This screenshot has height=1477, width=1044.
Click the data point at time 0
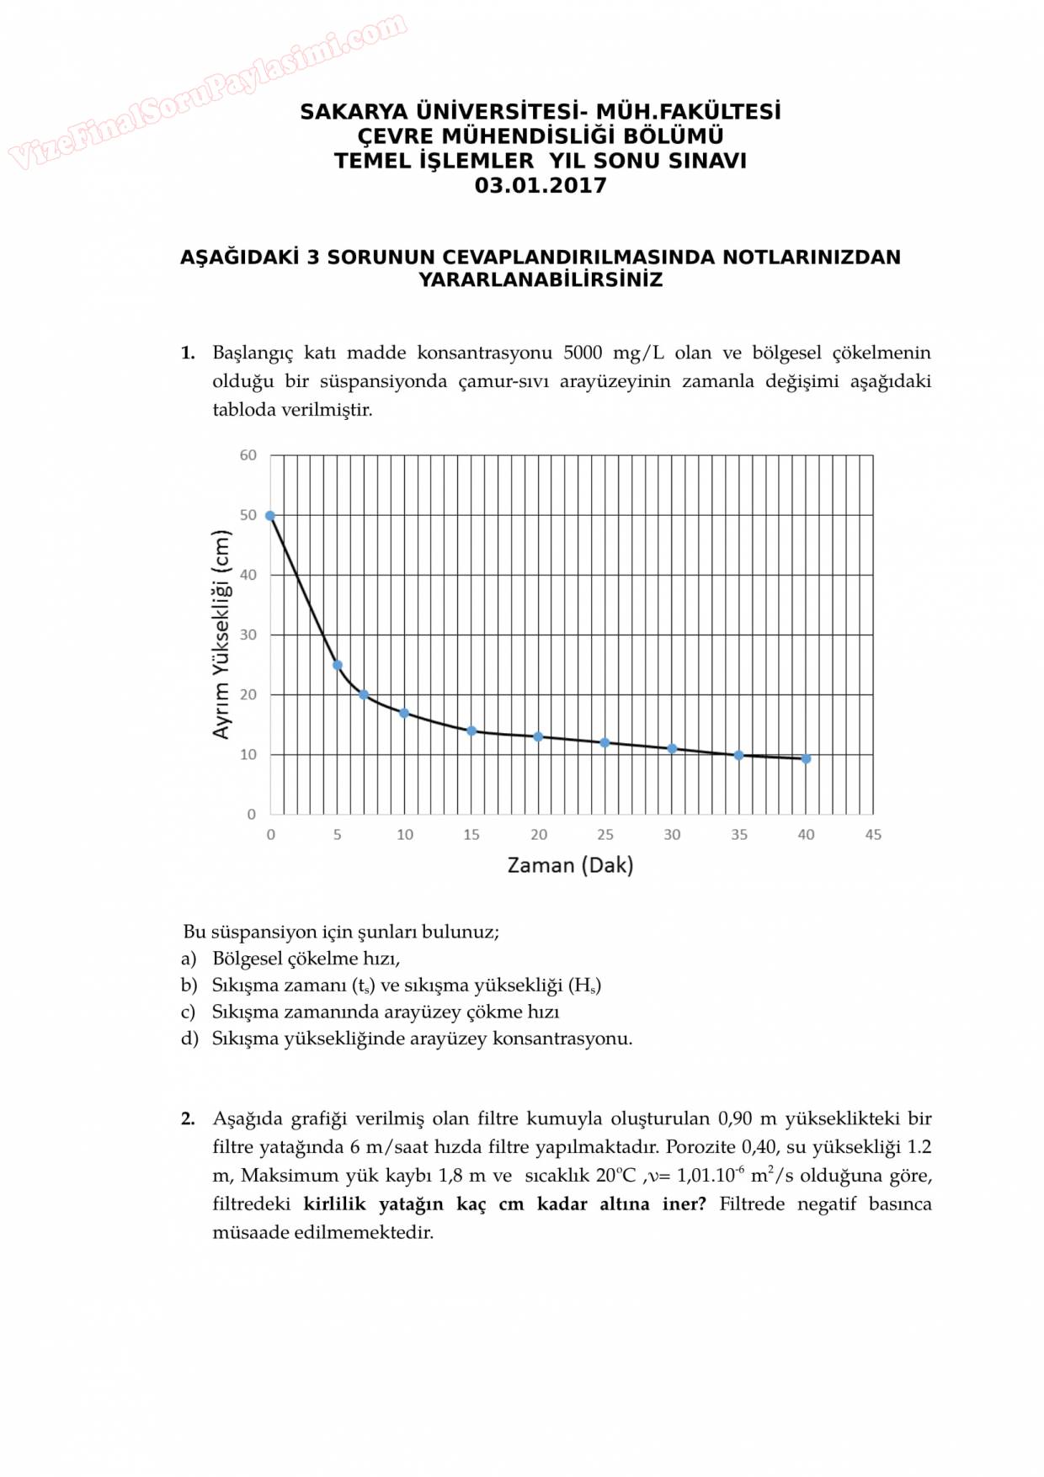coord(270,516)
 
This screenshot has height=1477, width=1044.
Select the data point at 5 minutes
coord(338,665)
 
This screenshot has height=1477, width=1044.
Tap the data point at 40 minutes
coord(806,759)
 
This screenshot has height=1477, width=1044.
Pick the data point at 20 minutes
coord(538,737)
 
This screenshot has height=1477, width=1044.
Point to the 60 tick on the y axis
coord(248,455)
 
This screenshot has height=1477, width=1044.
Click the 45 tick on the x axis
coord(873,835)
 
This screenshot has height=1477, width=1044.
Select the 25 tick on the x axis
coord(605,835)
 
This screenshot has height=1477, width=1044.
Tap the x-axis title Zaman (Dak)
coord(570,865)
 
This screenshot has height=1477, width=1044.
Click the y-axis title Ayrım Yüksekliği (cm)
coord(221,635)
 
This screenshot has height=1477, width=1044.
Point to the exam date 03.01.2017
coord(541,186)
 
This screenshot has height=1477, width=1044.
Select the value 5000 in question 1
coord(583,353)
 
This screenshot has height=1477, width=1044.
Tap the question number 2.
coord(188,1118)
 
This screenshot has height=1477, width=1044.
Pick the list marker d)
coord(189,1039)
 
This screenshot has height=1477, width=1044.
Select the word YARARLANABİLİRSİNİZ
coord(541,280)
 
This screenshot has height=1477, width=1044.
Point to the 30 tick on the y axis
coord(248,635)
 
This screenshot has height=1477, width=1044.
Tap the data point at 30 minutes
coord(672,749)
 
